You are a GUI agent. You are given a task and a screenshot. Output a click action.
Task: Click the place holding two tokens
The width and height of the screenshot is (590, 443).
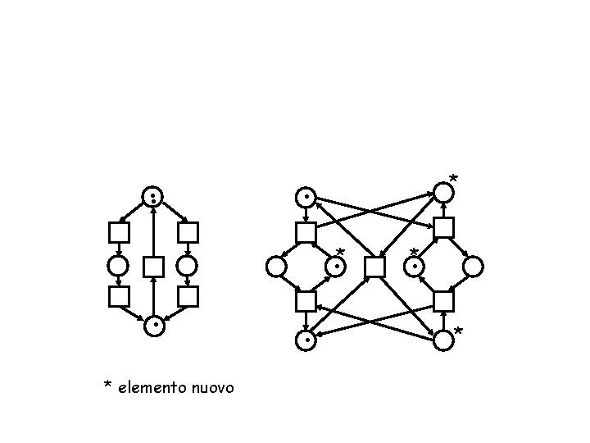pos(153,197)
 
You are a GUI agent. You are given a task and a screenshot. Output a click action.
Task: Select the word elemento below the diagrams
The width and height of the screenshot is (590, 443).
pos(152,386)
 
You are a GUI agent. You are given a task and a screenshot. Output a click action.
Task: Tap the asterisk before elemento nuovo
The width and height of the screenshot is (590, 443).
pos(107,386)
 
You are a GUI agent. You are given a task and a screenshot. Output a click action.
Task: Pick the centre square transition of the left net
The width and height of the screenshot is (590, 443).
pos(153,267)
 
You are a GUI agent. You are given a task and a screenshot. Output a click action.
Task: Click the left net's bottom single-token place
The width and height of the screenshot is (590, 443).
pos(153,326)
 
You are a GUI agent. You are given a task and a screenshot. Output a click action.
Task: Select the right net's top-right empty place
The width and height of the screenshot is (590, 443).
pos(442,193)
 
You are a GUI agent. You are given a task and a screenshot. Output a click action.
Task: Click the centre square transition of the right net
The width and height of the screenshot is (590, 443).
pos(374,267)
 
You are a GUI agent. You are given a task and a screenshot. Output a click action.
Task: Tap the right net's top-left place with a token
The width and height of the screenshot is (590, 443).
pos(306,198)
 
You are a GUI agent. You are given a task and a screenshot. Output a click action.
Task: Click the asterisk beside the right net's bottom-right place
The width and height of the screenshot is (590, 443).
pos(458,331)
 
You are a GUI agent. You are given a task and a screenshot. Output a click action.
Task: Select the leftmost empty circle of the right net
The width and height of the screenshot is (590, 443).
pos(277,267)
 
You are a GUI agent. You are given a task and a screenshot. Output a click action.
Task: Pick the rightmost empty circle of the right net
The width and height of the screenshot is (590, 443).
pos(473,267)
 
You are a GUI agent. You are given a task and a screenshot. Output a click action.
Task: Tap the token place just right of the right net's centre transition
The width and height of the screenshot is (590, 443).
pos(415,267)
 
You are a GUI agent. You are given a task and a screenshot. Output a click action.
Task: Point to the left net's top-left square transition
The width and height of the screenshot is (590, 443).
pos(120,232)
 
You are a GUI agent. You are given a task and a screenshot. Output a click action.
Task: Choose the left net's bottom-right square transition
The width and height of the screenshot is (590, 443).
pos(188,296)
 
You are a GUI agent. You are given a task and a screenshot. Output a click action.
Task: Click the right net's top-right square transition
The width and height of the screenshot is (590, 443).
pos(443,228)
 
